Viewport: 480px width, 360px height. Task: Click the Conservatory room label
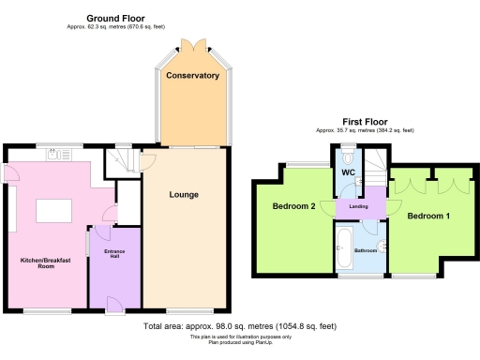click(x=192, y=75)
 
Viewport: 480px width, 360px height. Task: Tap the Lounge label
click(x=184, y=195)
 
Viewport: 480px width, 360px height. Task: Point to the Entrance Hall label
click(x=114, y=255)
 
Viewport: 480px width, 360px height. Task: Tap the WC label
click(x=347, y=173)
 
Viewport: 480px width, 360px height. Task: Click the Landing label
click(x=358, y=207)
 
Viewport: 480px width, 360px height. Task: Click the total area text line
click(x=239, y=326)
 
